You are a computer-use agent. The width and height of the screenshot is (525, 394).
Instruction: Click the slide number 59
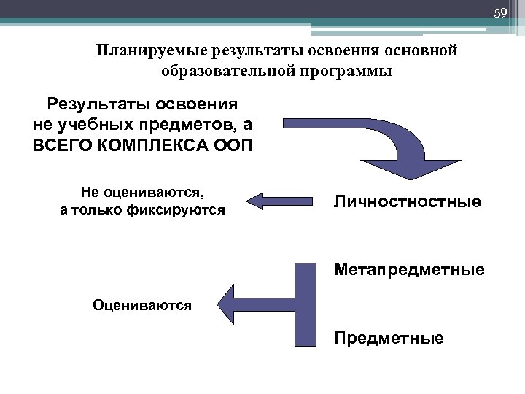(x=500, y=13)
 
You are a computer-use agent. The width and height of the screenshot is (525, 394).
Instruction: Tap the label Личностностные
(x=408, y=201)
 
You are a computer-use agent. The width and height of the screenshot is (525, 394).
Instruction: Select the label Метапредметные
(x=409, y=271)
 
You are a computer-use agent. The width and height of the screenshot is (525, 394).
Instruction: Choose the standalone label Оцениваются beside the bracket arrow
(x=142, y=306)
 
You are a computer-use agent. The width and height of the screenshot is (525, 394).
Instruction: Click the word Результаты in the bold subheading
(x=93, y=103)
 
